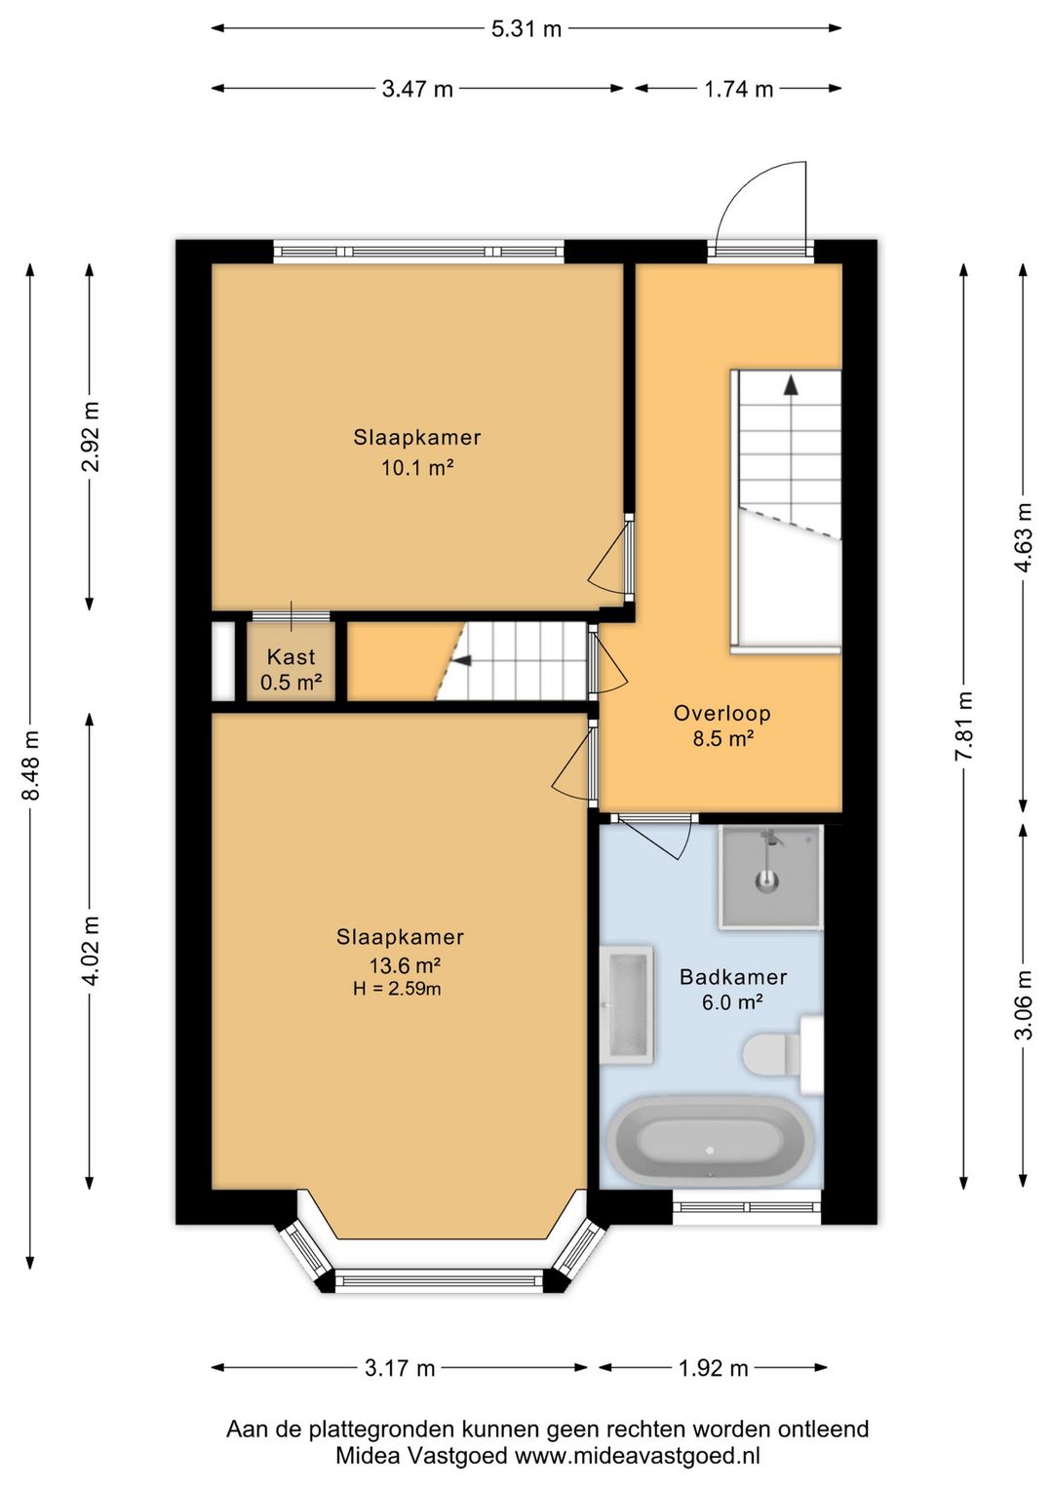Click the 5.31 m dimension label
point(526,29)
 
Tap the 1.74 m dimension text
point(739,89)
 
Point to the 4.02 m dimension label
point(91,951)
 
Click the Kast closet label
point(291,657)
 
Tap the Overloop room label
point(722,714)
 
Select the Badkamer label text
point(733,976)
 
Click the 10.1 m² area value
point(417,468)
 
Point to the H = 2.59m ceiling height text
point(397,989)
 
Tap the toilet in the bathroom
point(782,1055)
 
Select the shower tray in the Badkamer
point(770,877)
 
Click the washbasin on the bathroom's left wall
point(627,1005)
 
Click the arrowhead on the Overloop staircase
point(790,386)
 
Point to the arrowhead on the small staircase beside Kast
point(462,660)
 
